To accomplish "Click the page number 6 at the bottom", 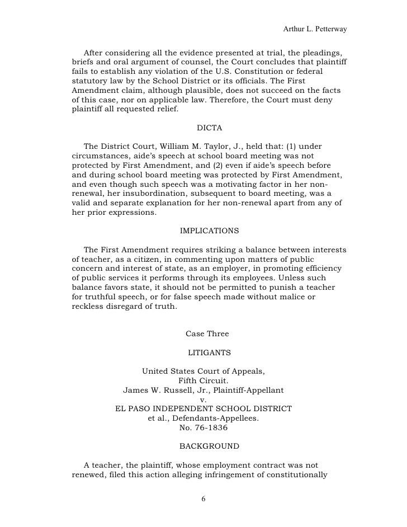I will pos(203,498).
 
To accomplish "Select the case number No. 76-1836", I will pos(203,429).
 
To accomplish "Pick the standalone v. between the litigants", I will pos(203,400).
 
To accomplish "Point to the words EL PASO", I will pos(136,409).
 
